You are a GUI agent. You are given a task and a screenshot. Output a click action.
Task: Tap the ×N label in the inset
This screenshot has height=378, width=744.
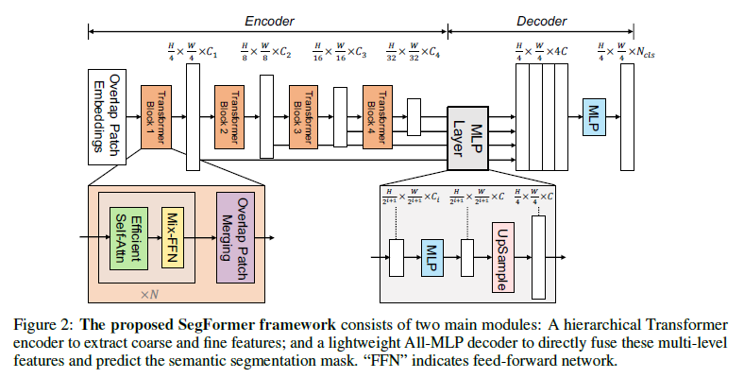pyautogui.click(x=149, y=294)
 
